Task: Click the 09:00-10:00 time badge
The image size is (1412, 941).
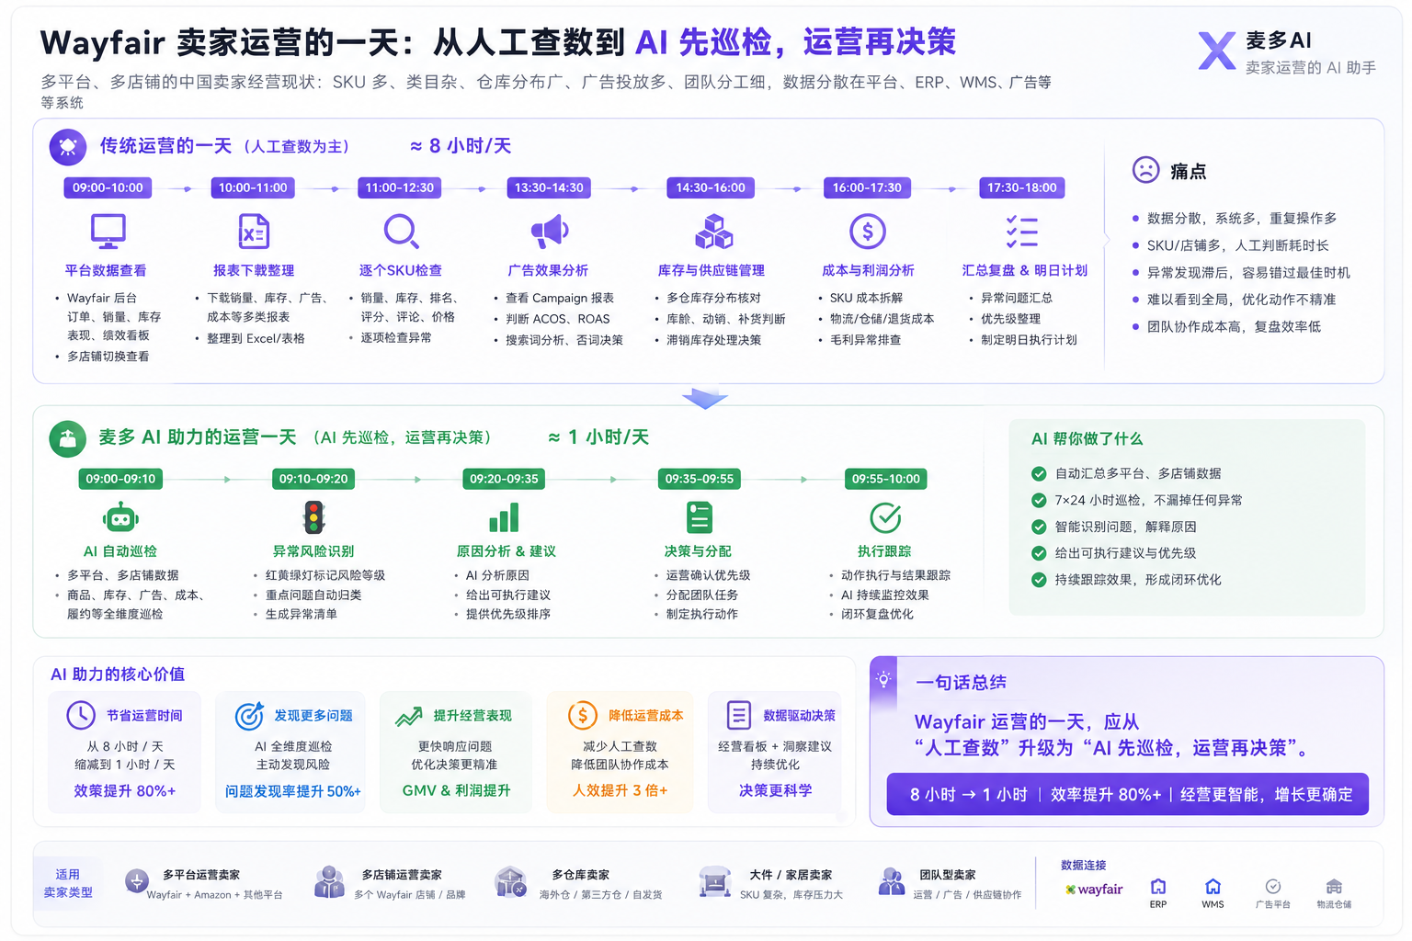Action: (x=108, y=187)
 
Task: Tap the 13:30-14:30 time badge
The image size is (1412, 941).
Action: (x=549, y=187)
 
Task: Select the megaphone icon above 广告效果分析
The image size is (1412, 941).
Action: (x=549, y=232)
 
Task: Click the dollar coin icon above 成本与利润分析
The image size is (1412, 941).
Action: (x=868, y=232)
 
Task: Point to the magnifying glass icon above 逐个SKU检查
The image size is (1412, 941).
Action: (x=402, y=232)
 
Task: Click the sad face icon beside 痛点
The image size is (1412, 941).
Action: (x=1145, y=169)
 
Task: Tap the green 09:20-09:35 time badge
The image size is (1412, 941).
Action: (x=504, y=479)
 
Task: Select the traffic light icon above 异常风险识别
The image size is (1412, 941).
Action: (x=313, y=517)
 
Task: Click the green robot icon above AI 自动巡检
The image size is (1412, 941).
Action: (x=120, y=518)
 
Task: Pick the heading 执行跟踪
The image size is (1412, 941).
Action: (x=884, y=551)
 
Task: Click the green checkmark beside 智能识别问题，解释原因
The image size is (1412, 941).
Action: (x=1038, y=527)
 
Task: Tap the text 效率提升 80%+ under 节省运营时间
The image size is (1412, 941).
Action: (x=125, y=791)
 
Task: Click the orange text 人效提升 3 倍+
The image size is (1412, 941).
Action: (x=620, y=791)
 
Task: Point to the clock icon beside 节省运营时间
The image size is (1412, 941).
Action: (x=81, y=715)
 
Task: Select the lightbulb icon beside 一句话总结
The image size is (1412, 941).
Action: (x=883, y=679)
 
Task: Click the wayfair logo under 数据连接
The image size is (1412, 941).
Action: (x=1094, y=890)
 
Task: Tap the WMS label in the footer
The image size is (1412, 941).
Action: (x=1213, y=904)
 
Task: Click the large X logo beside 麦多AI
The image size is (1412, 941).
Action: (x=1216, y=51)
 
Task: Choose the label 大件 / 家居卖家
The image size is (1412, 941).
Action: (x=791, y=875)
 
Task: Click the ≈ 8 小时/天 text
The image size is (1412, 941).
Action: (x=461, y=146)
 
